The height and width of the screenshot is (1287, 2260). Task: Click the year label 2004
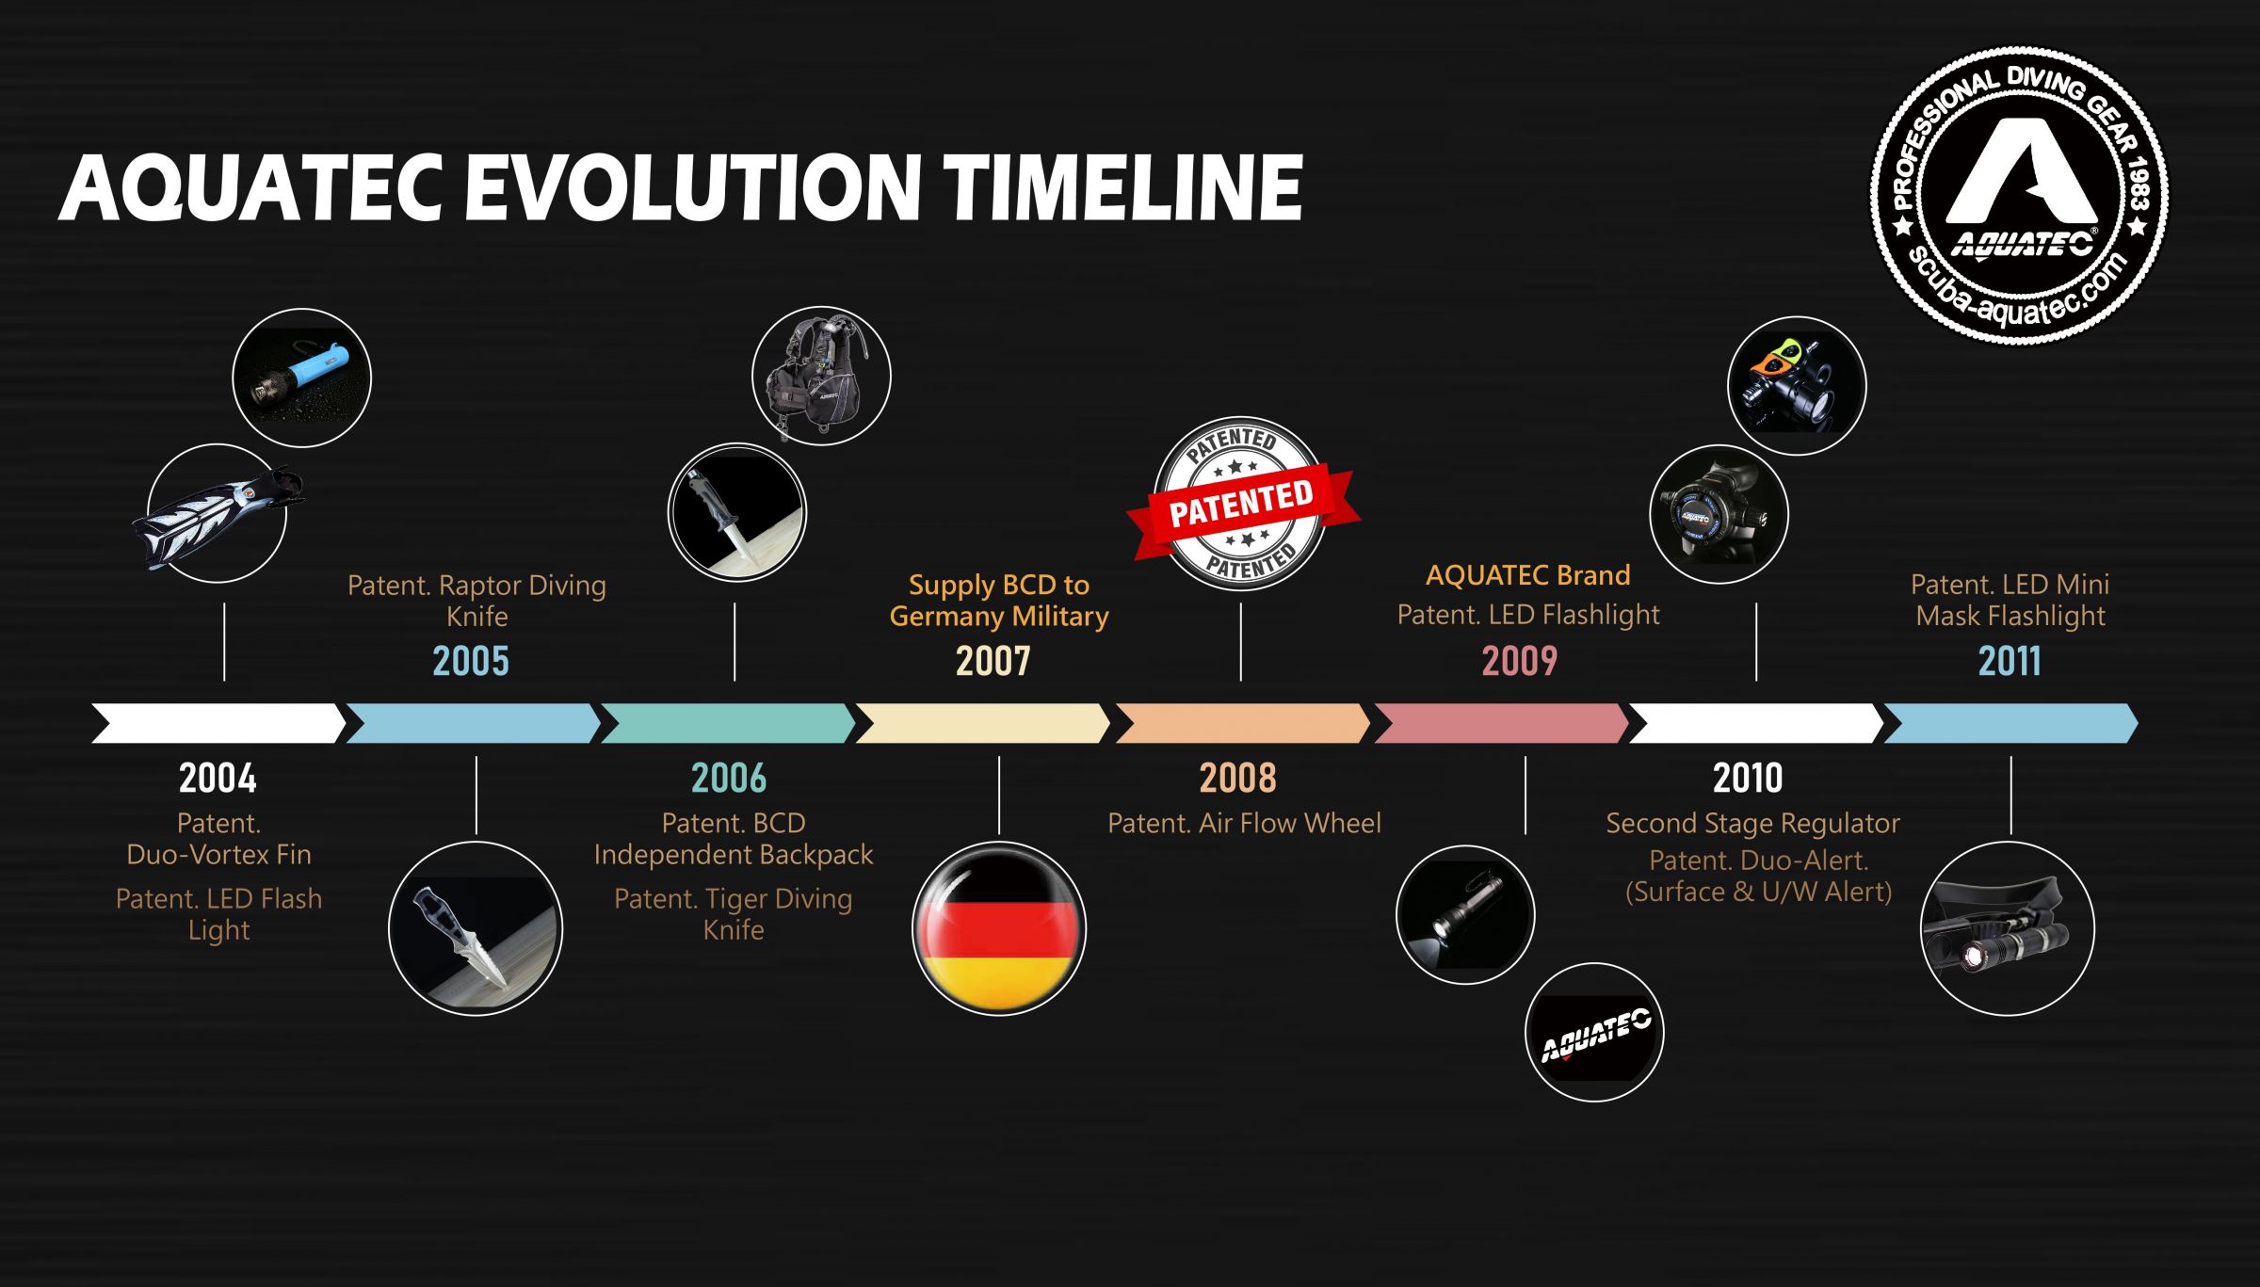tap(218, 779)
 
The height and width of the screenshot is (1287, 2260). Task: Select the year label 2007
tap(993, 661)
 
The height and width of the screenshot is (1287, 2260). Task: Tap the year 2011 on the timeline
tap(2010, 661)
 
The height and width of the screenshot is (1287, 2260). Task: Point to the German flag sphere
tap(999, 928)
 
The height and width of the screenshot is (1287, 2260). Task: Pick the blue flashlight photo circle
tap(301, 378)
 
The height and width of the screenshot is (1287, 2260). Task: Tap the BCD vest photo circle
tap(821, 376)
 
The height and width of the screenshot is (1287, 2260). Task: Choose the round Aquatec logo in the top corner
tap(2018, 195)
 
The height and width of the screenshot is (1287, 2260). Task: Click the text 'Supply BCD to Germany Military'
tap(999, 601)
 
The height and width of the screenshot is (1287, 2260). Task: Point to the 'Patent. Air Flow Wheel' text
tap(1244, 823)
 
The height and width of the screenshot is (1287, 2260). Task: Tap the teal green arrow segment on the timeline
tap(728, 723)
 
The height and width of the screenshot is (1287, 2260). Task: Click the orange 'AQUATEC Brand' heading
tap(1527, 575)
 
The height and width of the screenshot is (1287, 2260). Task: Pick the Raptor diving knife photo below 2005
tap(476, 928)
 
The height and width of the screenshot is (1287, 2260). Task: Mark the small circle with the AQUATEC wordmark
tap(1594, 1032)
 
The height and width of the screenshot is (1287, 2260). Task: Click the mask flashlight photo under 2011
tap(2007, 928)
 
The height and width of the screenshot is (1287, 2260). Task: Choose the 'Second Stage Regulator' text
tap(1752, 823)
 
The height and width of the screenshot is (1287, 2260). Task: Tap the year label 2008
tap(1237, 779)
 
